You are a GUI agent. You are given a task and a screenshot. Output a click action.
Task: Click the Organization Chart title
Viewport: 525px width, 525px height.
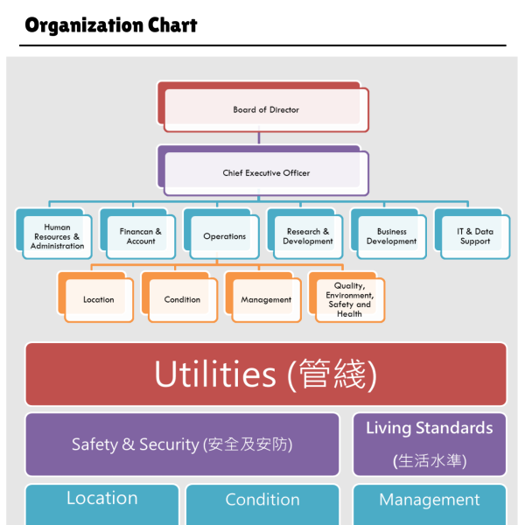(111, 24)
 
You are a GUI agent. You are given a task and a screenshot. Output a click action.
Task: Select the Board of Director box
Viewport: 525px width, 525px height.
(265, 109)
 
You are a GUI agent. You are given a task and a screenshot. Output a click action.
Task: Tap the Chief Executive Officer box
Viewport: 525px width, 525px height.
(265, 172)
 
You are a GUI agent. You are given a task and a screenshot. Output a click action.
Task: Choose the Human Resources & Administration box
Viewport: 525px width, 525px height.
(57, 236)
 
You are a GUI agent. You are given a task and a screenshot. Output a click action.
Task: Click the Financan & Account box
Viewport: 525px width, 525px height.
(140, 236)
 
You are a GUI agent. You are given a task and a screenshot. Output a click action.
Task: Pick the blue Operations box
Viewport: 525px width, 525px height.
(224, 236)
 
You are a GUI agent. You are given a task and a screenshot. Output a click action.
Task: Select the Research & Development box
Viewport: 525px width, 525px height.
(307, 236)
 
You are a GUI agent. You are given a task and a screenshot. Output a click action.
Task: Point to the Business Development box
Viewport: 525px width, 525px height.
(391, 236)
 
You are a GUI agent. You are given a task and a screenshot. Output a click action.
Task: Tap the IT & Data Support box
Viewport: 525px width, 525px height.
(474, 236)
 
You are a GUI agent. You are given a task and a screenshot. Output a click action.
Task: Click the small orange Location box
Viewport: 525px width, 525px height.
(98, 299)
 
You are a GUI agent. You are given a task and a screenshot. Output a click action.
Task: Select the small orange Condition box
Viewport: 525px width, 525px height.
(182, 299)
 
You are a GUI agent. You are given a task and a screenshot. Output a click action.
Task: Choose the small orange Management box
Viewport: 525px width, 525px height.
(266, 299)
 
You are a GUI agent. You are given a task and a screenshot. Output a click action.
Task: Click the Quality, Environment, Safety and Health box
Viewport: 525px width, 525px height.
(349, 299)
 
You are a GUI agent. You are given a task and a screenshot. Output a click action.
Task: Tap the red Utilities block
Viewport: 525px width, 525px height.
(265, 374)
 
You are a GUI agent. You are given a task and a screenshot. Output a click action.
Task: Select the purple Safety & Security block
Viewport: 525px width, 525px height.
(182, 444)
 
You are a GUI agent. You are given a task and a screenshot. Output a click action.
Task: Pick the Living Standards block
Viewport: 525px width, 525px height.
(429, 444)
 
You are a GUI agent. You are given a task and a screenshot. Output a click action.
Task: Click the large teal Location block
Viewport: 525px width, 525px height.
(101, 503)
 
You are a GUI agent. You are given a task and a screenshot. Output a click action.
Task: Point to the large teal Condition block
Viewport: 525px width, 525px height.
(262, 503)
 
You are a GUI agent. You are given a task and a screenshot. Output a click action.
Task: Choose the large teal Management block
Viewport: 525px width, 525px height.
(429, 503)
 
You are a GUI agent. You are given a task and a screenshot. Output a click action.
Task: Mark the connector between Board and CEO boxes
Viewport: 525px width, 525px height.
(259, 137)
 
